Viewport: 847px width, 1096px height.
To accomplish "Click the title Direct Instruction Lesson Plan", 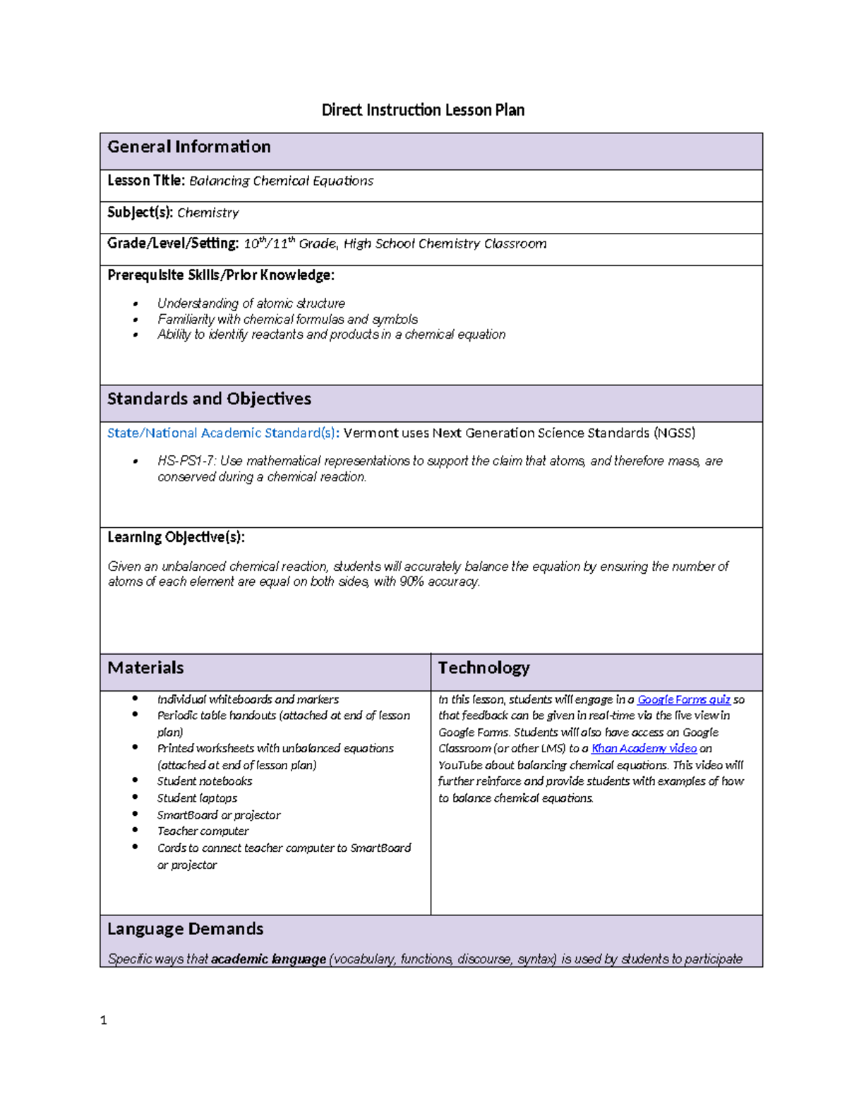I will (x=423, y=110).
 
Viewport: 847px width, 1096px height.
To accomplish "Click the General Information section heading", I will (x=189, y=147).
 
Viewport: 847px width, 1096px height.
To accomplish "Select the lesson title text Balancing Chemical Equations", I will (x=281, y=181).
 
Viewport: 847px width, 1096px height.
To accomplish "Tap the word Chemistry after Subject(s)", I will (x=208, y=212).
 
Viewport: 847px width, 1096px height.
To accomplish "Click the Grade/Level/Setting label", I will (x=173, y=243).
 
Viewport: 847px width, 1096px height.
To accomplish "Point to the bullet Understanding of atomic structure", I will (x=251, y=303).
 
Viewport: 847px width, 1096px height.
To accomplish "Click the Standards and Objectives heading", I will (x=209, y=399).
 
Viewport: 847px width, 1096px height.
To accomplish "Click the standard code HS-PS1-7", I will (x=186, y=461).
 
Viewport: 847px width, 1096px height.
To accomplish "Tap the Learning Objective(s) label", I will (x=176, y=537).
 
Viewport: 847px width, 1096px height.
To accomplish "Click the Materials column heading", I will (x=145, y=668).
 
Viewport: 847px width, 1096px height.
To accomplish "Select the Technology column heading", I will (x=483, y=668).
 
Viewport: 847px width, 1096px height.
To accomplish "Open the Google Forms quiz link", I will (x=683, y=699).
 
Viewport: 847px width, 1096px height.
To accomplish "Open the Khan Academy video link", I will (x=644, y=748).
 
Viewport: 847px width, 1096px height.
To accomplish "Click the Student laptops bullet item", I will (x=197, y=798).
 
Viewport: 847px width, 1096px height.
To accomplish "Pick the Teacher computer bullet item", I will (x=203, y=831).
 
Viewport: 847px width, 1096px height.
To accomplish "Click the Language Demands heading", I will (x=185, y=929).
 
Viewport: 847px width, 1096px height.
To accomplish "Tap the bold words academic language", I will (x=268, y=959).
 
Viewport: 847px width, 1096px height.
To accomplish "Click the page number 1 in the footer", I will (x=104, y=1020).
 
